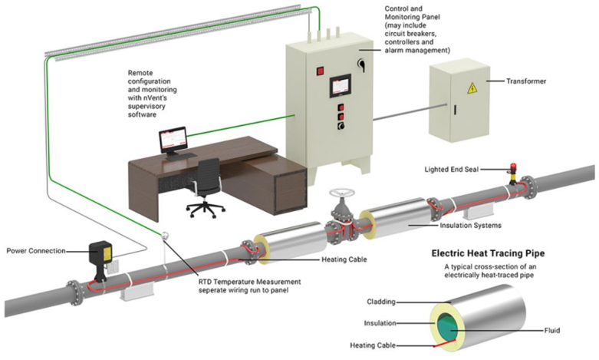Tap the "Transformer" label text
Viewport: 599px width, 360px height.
(x=535, y=81)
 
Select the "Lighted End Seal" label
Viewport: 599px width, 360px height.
(x=455, y=168)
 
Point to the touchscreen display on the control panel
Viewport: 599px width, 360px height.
(x=339, y=85)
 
